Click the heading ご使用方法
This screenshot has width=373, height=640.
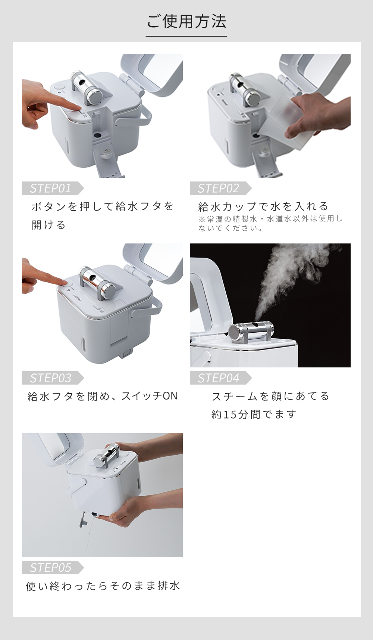tap(186, 22)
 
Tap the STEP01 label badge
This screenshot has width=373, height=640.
tap(53, 188)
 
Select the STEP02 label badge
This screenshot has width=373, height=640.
tap(220, 188)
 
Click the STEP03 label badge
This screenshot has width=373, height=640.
tap(53, 378)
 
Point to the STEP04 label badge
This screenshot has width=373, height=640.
tap(220, 378)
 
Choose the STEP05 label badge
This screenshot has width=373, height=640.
tap(53, 568)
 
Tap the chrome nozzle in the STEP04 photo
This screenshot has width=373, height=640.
tap(251, 332)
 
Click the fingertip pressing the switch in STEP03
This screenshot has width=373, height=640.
tap(65, 283)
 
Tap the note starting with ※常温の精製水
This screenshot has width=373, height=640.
tap(270, 223)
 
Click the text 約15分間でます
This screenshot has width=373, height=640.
tap(254, 414)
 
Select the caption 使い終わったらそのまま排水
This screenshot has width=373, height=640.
tap(103, 586)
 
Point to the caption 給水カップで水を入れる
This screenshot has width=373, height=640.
tap(263, 206)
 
